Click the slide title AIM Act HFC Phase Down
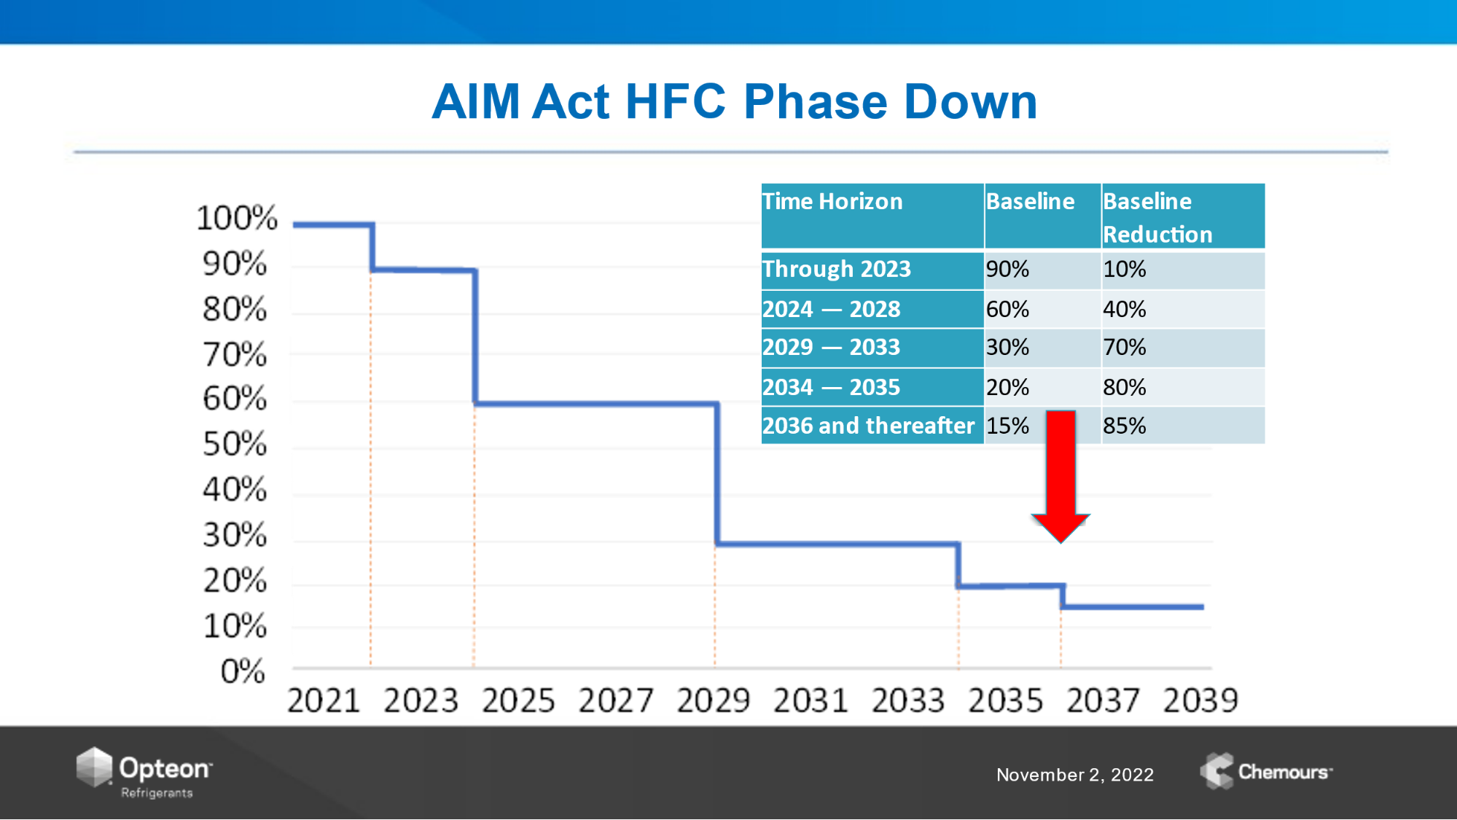(734, 101)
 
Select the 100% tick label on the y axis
(237, 218)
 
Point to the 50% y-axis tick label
(235, 444)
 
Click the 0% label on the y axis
(243, 671)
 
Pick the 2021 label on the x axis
(324, 700)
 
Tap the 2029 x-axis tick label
(713, 700)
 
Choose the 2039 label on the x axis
(1200, 700)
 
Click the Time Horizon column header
(832, 201)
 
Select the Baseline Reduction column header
(1157, 217)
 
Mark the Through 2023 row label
(837, 269)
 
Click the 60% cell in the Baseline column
(1007, 309)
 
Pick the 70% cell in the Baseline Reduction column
(1124, 347)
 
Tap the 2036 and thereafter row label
(868, 426)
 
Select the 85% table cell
(1124, 426)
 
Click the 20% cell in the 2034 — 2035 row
(1007, 387)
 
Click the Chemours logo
(1266, 771)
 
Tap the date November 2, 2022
(1075, 775)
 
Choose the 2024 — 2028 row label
(832, 309)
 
